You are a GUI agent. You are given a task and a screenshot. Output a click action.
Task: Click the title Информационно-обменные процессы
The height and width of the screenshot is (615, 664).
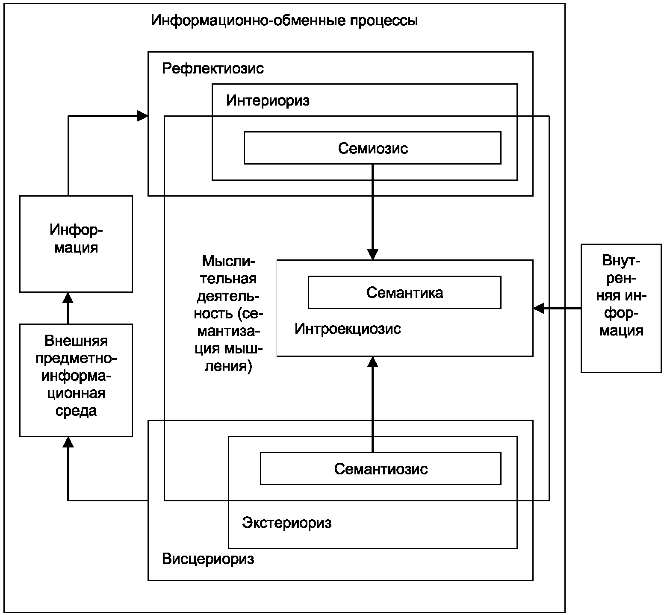[x=284, y=21]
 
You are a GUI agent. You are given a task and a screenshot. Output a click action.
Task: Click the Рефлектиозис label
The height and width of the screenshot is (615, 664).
[x=213, y=68]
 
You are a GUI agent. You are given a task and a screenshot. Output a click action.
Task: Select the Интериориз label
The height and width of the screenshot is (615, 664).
[x=268, y=100]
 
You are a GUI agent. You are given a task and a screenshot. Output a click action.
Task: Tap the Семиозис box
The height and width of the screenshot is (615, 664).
[x=372, y=148]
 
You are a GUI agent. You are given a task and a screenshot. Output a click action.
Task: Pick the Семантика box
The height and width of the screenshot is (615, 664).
[x=404, y=292]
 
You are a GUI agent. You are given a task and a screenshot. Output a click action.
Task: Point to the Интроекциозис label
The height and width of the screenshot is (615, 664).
[x=348, y=329]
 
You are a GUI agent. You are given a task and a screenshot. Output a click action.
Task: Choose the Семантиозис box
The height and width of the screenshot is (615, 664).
[x=381, y=469]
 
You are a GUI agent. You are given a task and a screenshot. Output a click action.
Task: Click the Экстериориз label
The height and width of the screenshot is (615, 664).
[x=286, y=522]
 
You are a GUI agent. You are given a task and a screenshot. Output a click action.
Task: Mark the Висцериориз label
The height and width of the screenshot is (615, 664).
[x=208, y=559]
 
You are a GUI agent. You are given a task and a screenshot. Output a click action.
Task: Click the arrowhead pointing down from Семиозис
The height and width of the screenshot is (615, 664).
[x=373, y=255]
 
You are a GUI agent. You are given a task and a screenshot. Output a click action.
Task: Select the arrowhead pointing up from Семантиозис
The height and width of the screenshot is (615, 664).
[x=373, y=362]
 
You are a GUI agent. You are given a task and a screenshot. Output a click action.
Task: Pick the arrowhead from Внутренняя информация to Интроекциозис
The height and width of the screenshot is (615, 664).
[x=538, y=308]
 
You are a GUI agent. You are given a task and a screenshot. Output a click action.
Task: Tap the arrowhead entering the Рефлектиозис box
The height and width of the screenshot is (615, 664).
[x=143, y=116]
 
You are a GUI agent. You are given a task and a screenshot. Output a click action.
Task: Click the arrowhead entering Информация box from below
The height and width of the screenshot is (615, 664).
[x=68, y=297]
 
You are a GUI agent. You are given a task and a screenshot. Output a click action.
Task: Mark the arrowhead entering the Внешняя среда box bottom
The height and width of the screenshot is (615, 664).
[x=68, y=442]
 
